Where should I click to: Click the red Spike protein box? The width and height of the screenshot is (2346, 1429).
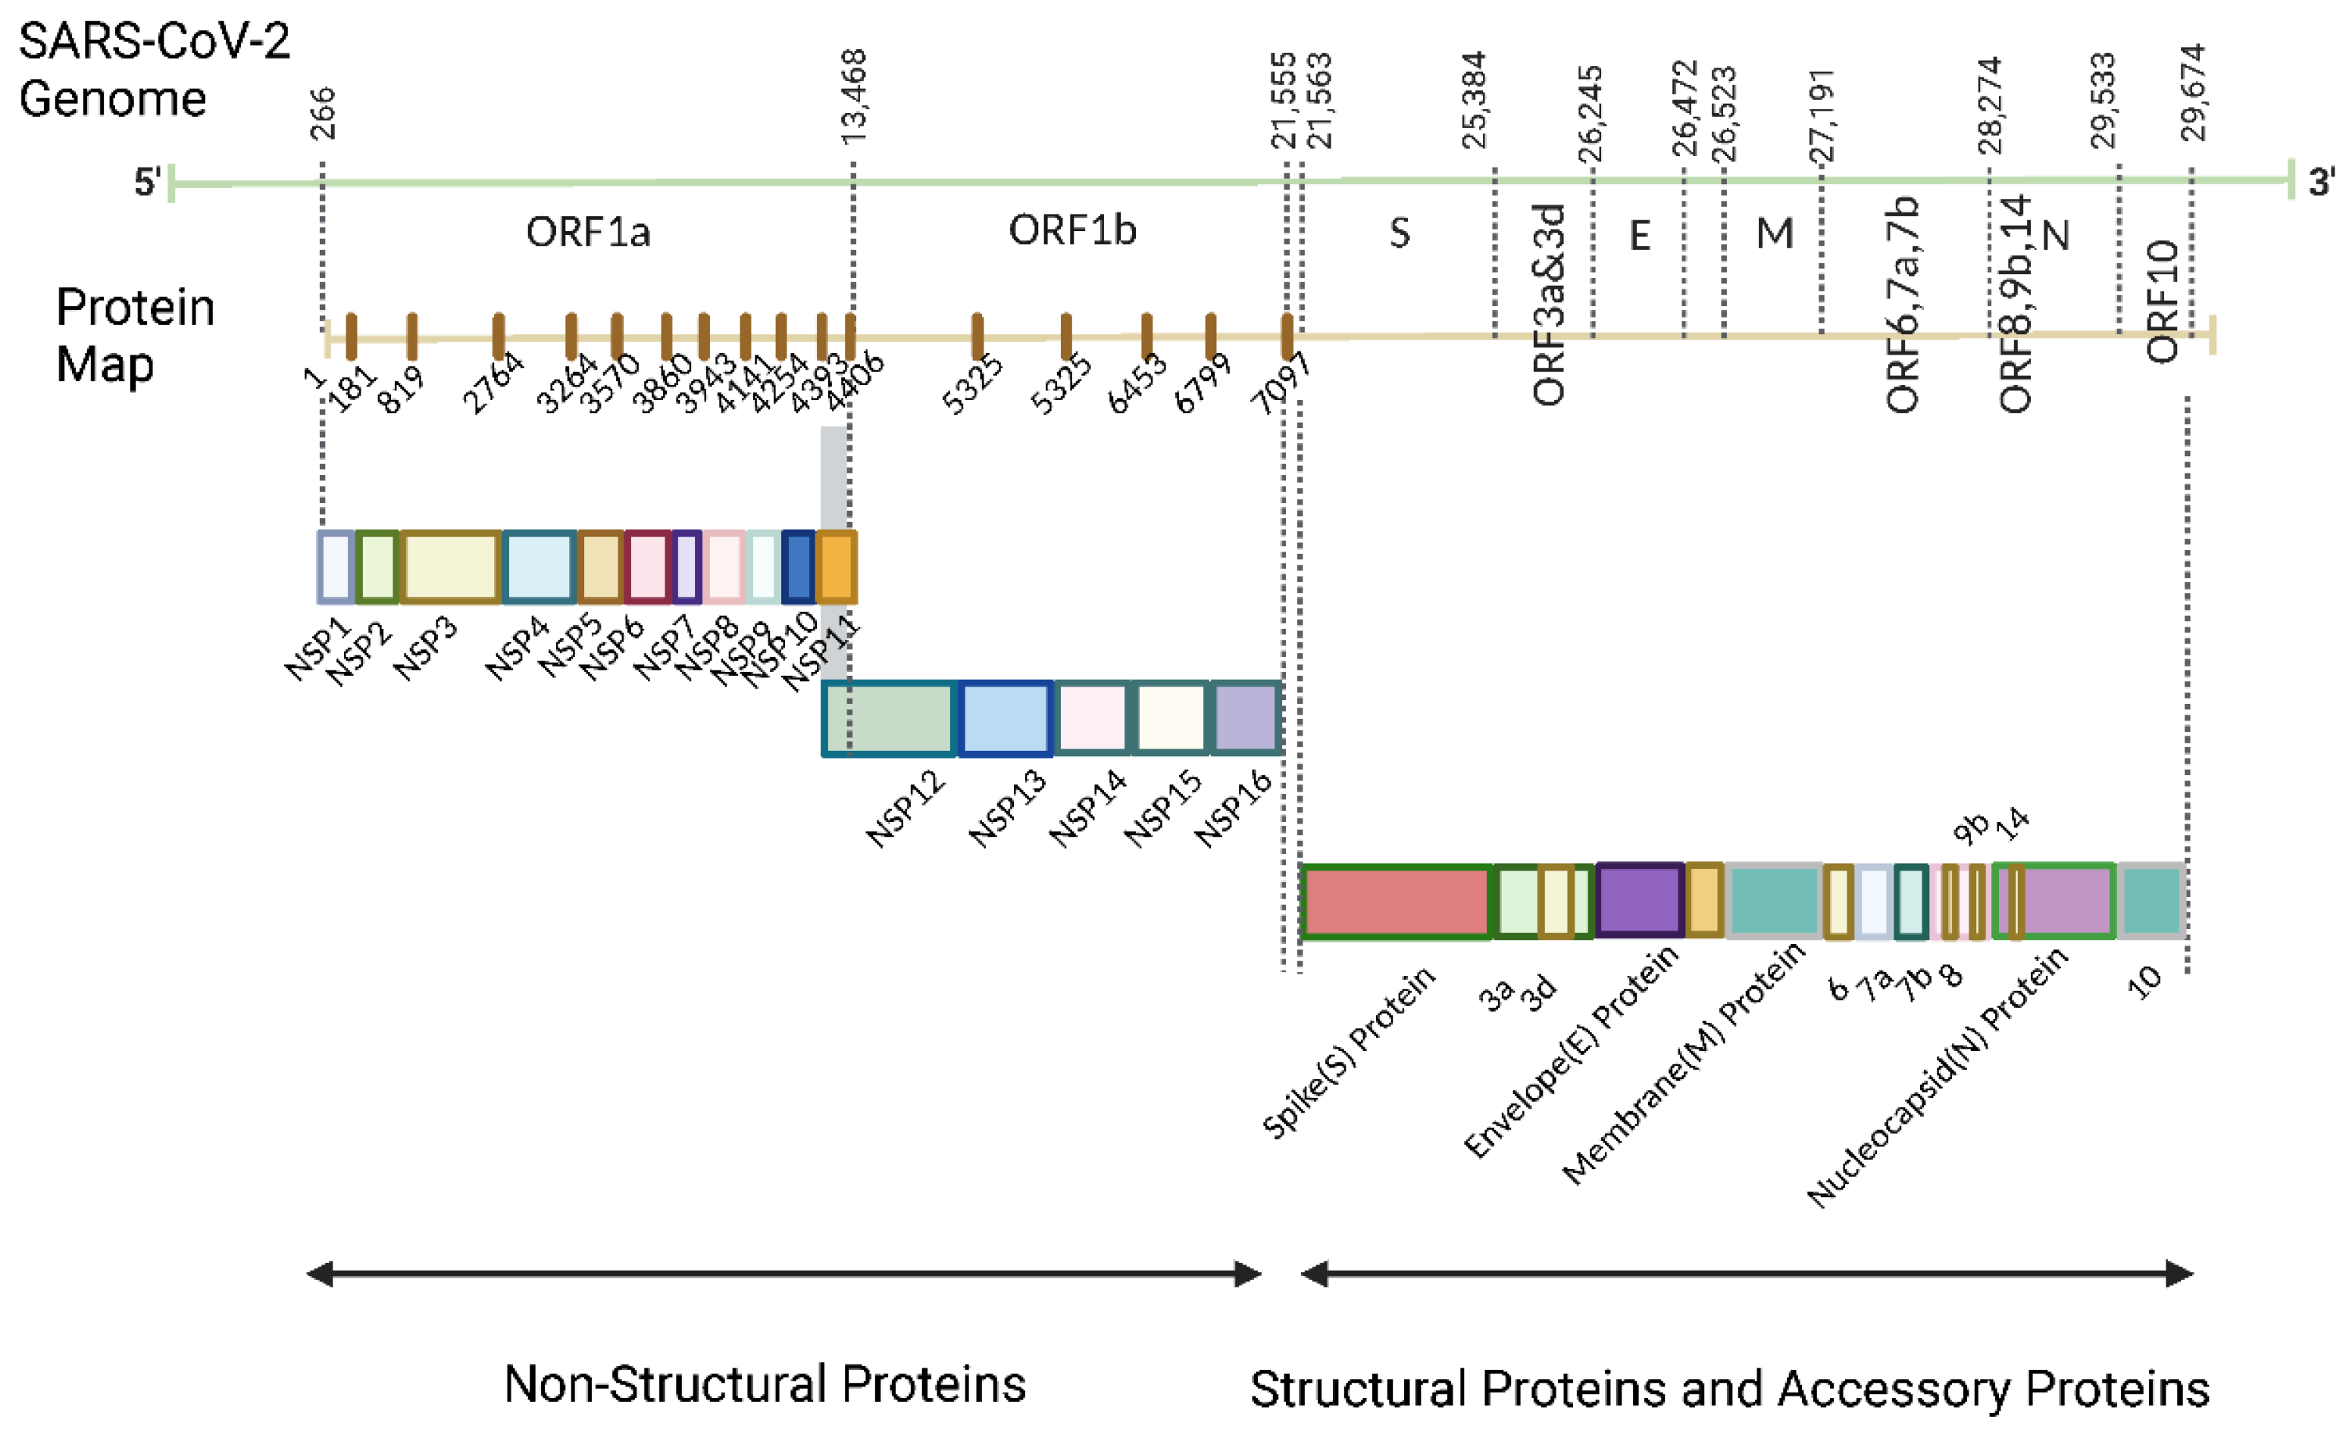pos(1395,901)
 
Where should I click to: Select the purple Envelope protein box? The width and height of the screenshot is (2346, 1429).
pos(1640,899)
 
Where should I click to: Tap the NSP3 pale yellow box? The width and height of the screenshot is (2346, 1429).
pos(450,568)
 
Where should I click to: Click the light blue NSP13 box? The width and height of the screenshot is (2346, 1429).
pos(1006,719)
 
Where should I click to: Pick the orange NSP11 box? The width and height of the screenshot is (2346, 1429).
pos(837,568)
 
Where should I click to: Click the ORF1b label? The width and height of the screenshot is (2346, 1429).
pos(1072,230)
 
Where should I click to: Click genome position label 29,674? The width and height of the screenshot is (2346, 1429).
pos(2193,93)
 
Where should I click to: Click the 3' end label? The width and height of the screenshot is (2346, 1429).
pos(2321,182)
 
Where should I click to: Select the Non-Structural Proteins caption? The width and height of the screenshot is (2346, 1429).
pos(765,1384)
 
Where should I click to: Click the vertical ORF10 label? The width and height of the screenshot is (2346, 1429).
pos(2162,301)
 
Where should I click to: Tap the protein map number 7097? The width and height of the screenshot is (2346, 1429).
pos(1281,383)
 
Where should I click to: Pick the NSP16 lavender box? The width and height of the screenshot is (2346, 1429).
pos(1247,719)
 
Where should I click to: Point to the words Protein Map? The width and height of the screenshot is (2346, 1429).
pos(133,335)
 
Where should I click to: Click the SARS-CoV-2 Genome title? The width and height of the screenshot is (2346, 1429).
pos(152,70)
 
